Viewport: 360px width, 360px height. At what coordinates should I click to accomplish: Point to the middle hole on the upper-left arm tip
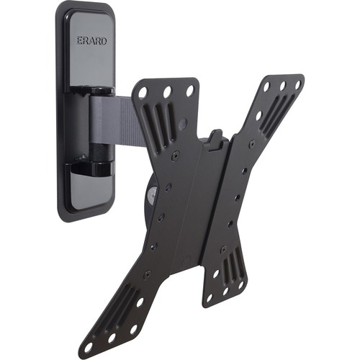coord(167,91)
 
